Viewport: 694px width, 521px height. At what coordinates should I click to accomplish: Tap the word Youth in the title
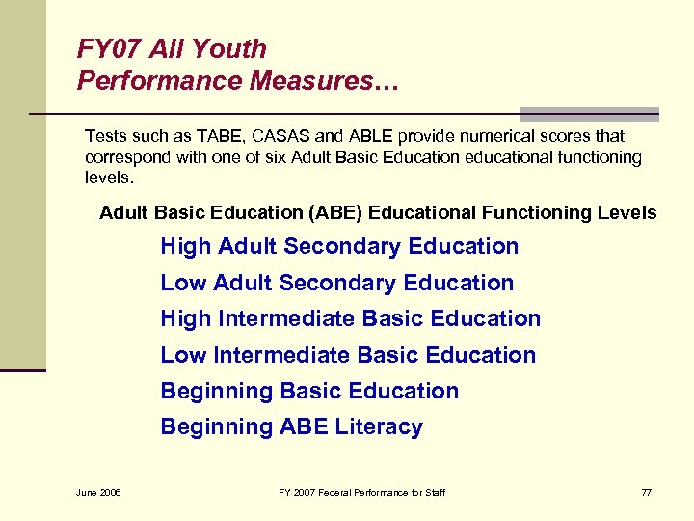tap(231, 48)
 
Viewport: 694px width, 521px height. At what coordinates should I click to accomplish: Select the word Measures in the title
tap(316, 80)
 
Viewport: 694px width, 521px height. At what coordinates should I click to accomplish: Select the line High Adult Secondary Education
tap(339, 246)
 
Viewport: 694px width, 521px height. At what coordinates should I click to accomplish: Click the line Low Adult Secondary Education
tap(336, 283)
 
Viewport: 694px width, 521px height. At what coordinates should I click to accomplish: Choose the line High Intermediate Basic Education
tap(350, 318)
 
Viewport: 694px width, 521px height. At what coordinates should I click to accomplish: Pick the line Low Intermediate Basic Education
tap(348, 355)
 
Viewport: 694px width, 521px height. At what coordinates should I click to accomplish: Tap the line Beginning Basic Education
tap(309, 391)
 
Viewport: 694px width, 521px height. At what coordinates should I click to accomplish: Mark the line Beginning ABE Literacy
tap(291, 426)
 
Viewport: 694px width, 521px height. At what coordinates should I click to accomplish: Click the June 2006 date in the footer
tap(99, 493)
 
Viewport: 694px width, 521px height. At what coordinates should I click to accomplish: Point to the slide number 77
tap(646, 493)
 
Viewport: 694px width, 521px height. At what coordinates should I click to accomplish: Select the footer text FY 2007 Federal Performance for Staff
tap(361, 493)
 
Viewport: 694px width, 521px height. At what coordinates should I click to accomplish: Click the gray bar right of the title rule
tap(589, 113)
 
